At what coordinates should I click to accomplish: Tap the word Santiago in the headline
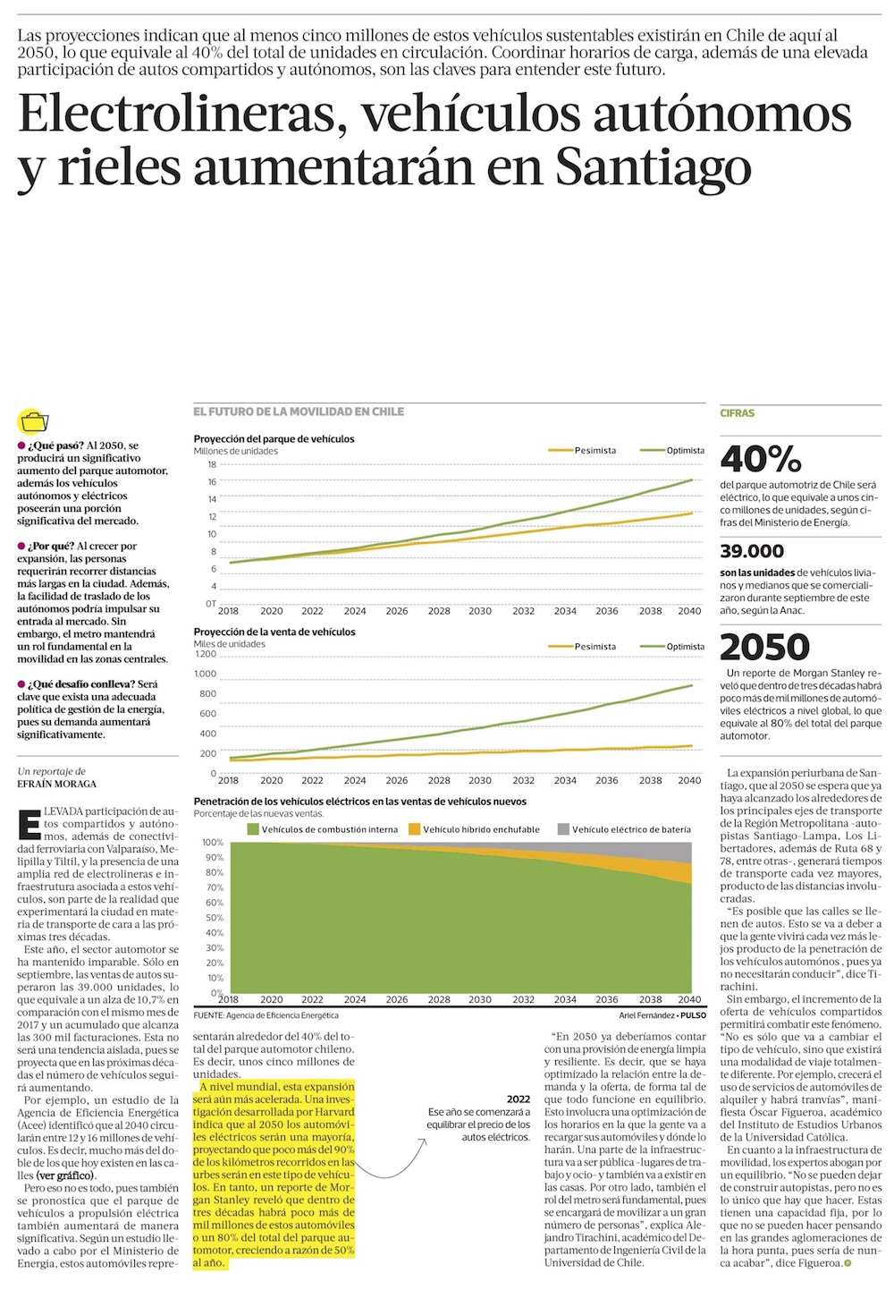(653, 167)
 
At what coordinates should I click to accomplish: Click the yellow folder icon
(33, 421)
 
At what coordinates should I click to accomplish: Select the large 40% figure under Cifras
(760, 459)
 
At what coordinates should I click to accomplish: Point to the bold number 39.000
(752, 551)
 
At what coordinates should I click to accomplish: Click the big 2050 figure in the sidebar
(764, 647)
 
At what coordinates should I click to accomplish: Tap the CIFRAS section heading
(737, 413)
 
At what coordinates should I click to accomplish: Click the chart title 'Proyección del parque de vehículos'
(274, 439)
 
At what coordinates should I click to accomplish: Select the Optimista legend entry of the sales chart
(685, 646)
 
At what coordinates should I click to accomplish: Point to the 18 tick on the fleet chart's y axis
(212, 464)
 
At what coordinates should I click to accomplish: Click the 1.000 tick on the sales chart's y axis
(206, 674)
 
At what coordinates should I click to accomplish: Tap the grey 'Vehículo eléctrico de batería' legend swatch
(563, 829)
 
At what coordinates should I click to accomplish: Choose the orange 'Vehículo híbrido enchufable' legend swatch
(414, 829)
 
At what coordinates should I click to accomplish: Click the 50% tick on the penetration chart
(213, 918)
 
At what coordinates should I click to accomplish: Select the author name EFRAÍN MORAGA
(56, 784)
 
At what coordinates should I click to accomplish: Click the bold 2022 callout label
(518, 1099)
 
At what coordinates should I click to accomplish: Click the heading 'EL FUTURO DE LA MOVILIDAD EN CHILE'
(299, 412)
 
